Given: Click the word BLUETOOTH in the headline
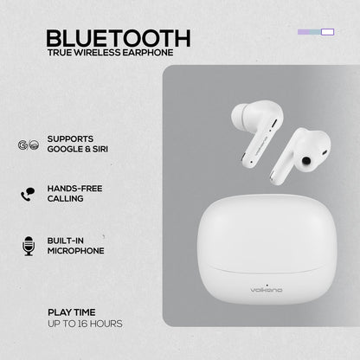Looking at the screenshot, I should [119, 38].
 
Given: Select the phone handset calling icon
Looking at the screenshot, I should [28, 193].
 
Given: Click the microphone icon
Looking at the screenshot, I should [28, 247].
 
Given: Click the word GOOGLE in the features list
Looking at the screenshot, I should [66, 149].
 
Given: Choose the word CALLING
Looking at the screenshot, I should [66, 198].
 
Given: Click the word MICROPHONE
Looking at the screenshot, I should [76, 251].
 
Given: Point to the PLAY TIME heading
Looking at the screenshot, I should [72, 312].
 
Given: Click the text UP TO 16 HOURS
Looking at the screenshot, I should [85, 324].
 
